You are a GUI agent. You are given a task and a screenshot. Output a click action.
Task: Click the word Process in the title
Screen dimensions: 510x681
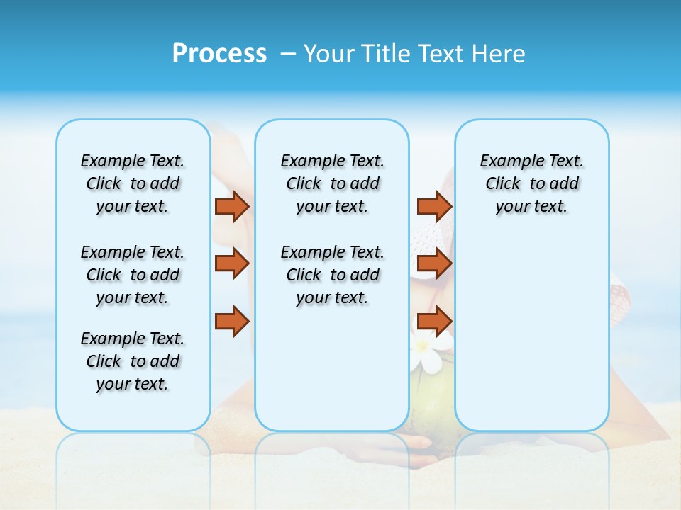pos(219,54)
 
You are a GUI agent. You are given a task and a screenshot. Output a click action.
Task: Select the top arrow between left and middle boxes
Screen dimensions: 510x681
pos(232,206)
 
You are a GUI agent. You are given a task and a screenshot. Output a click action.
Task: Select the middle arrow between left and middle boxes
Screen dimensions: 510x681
pos(232,263)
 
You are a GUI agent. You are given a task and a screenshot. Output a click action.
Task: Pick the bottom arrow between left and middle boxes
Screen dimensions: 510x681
pos(232,321)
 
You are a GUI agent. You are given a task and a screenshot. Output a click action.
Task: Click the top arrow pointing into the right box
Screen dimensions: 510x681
pos(434,206)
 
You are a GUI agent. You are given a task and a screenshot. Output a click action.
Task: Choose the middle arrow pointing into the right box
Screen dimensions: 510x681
pos(434,263)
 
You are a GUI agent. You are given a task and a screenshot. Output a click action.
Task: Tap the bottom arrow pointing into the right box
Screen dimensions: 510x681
pos(434,321)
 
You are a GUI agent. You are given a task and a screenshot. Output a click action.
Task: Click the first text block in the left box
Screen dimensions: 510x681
pos(133,183)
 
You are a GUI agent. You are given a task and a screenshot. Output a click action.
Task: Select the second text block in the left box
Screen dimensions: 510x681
pos(133,275)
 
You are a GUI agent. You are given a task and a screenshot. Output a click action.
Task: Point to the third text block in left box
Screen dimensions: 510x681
pos(133,361)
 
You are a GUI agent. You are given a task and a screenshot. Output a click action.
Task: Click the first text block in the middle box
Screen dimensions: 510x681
pos(332,183)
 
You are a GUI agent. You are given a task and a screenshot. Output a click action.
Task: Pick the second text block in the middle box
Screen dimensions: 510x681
pos(332,275)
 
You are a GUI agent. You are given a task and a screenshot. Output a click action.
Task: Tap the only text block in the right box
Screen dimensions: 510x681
pos(531,183)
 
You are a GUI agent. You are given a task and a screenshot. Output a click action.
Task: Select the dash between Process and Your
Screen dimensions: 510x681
pos(289,54)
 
